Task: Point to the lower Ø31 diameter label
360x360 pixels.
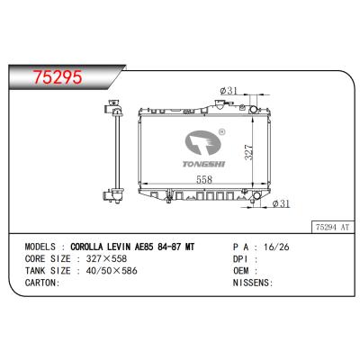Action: pyautogui.click(x=279, y=203)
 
